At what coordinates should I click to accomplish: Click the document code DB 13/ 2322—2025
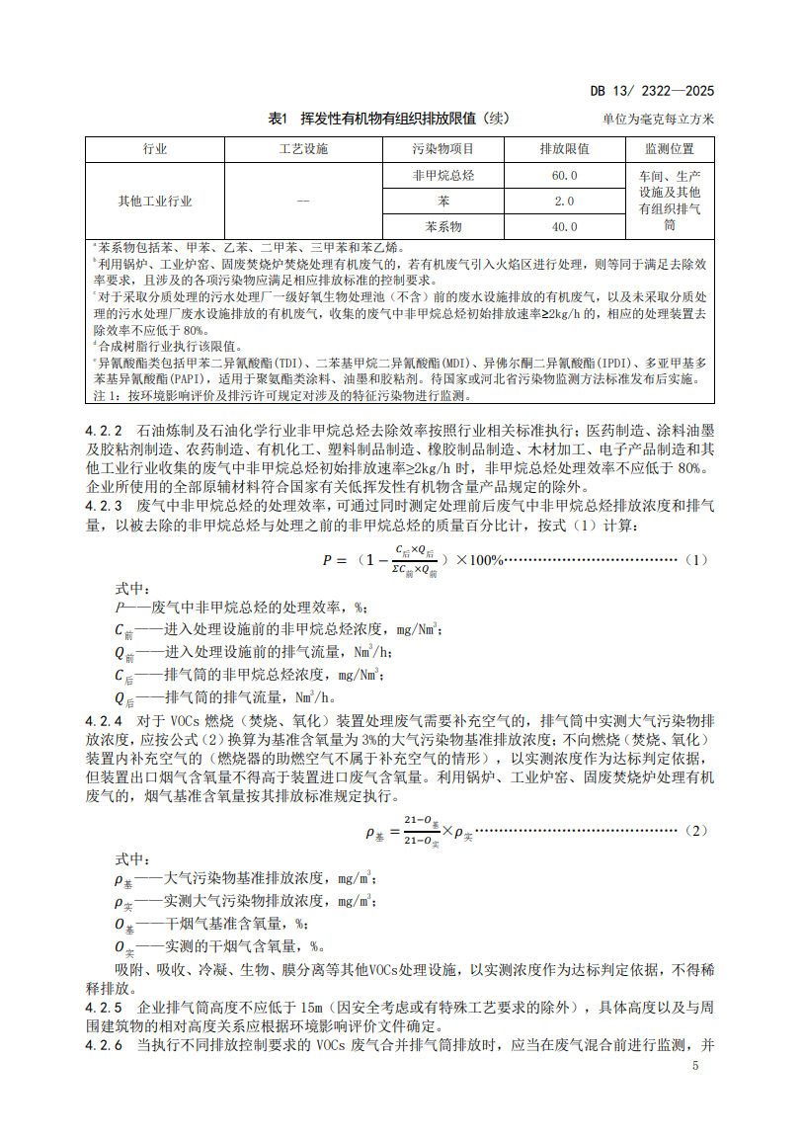coord(651,92)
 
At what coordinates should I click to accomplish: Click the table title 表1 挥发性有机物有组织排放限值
coord(372,119)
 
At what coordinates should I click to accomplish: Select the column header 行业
coord(155,149)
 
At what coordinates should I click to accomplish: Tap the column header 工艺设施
coord(302,149)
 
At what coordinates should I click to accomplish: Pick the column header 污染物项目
coord(442,149)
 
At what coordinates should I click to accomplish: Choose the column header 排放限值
coord(564,149)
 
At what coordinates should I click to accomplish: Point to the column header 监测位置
coord(669,149)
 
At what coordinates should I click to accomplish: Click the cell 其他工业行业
coord(155,201)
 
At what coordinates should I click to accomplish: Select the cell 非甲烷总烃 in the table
coord(442,175)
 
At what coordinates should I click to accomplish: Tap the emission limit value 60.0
coord(564,175)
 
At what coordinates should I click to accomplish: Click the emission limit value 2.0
coord(564,201)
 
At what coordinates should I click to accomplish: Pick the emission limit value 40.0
coord(564,226)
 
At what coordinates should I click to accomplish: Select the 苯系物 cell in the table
coord(442,226)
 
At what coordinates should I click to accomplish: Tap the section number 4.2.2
coord(104,432)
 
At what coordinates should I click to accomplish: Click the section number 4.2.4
coord(104,721)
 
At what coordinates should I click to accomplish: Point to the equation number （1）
coord(695,560)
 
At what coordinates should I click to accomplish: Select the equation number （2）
coord(695,831)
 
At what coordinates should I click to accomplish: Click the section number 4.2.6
coord(104,1044)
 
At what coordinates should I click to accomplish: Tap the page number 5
coord(695,1066)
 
